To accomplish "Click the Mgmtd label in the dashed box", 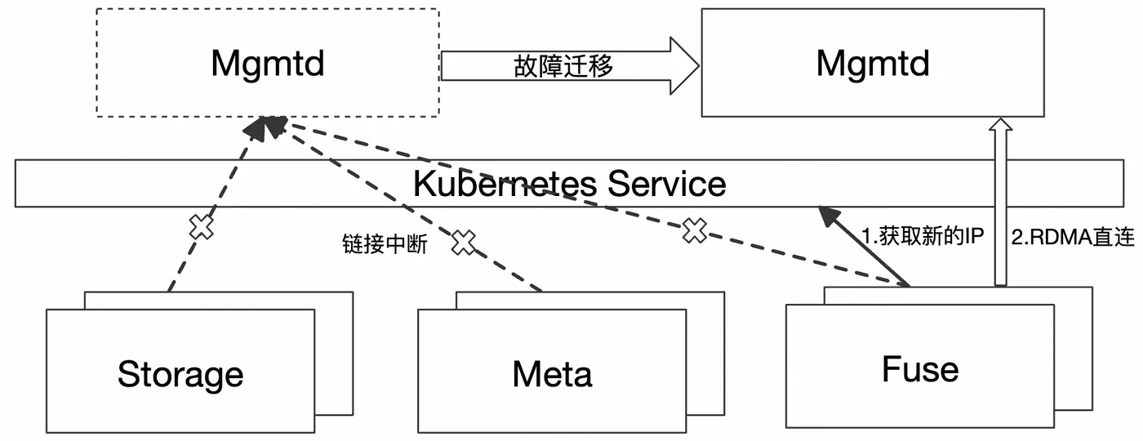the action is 268,65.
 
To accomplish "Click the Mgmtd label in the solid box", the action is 873,65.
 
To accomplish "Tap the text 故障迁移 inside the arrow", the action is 563,66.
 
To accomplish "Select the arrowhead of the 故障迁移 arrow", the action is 684,66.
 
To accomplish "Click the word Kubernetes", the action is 505,184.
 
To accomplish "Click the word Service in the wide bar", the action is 667,184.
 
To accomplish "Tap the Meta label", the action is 552,374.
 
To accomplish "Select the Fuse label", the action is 921,369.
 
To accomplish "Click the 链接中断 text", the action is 385,244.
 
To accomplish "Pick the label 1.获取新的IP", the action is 922,236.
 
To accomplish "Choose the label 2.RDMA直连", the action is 1073,238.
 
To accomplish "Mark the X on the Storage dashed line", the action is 202,227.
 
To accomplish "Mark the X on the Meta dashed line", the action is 464,242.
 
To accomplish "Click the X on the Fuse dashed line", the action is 695,230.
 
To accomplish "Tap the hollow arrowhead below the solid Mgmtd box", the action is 1001,124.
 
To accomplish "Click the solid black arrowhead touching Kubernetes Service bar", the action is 829,216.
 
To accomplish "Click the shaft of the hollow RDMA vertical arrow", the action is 1001,208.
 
